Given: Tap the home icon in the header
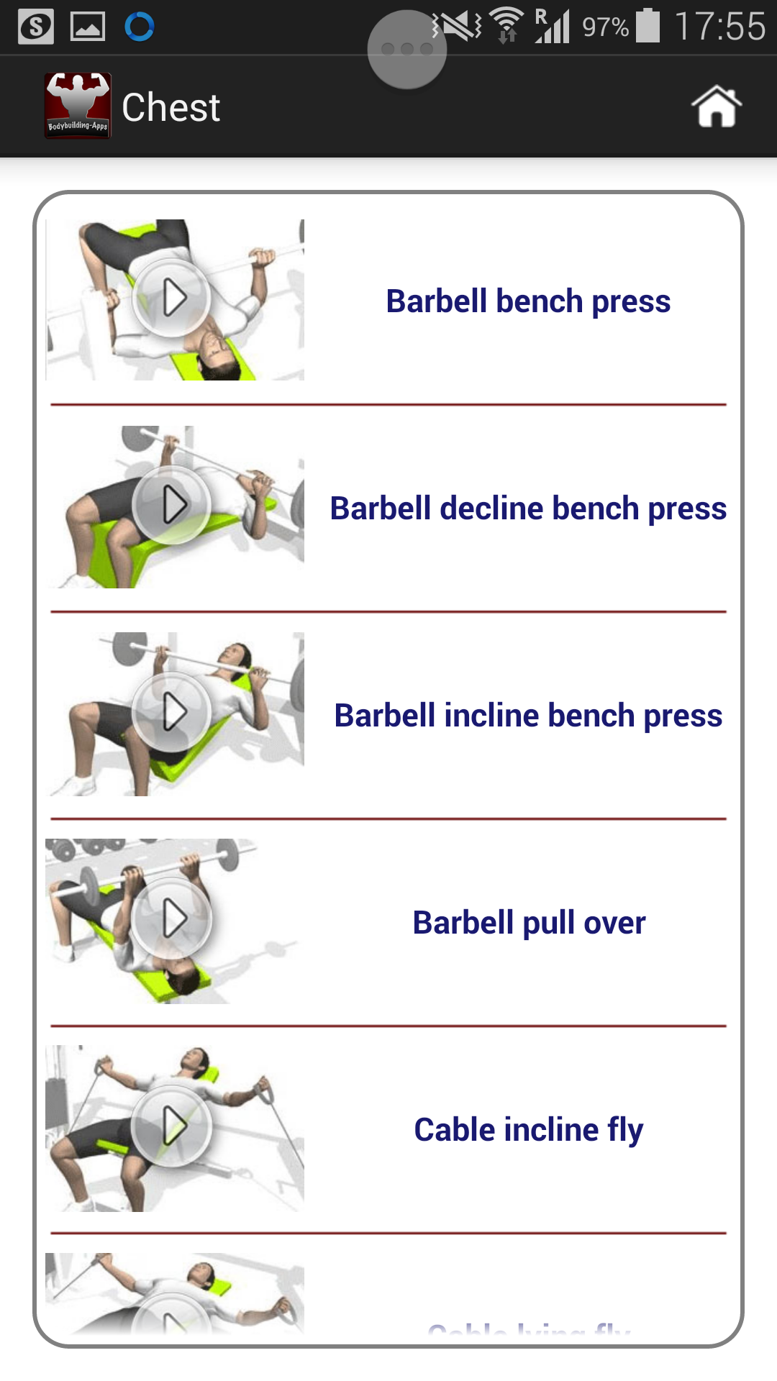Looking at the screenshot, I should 717,106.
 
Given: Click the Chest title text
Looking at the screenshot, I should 171,108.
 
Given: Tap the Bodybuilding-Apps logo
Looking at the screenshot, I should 78,106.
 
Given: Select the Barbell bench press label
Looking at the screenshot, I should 528,301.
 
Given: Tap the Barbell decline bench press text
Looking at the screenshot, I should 528,509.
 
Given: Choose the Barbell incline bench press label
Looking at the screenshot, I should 528,716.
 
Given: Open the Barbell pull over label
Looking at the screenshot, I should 528,923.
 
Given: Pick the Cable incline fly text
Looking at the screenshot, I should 528,1130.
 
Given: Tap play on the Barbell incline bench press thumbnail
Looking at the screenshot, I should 172,712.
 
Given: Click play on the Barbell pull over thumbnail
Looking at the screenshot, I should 172,919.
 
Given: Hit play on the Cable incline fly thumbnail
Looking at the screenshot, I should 172,1126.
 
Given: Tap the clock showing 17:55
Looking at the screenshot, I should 719,27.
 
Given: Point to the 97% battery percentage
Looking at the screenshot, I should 605,28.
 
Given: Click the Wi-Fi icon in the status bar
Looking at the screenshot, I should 507,26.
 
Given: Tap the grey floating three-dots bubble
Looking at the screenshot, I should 407,50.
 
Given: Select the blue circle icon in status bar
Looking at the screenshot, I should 140,27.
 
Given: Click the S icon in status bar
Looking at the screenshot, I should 36,27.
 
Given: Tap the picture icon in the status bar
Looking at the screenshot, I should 88,27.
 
